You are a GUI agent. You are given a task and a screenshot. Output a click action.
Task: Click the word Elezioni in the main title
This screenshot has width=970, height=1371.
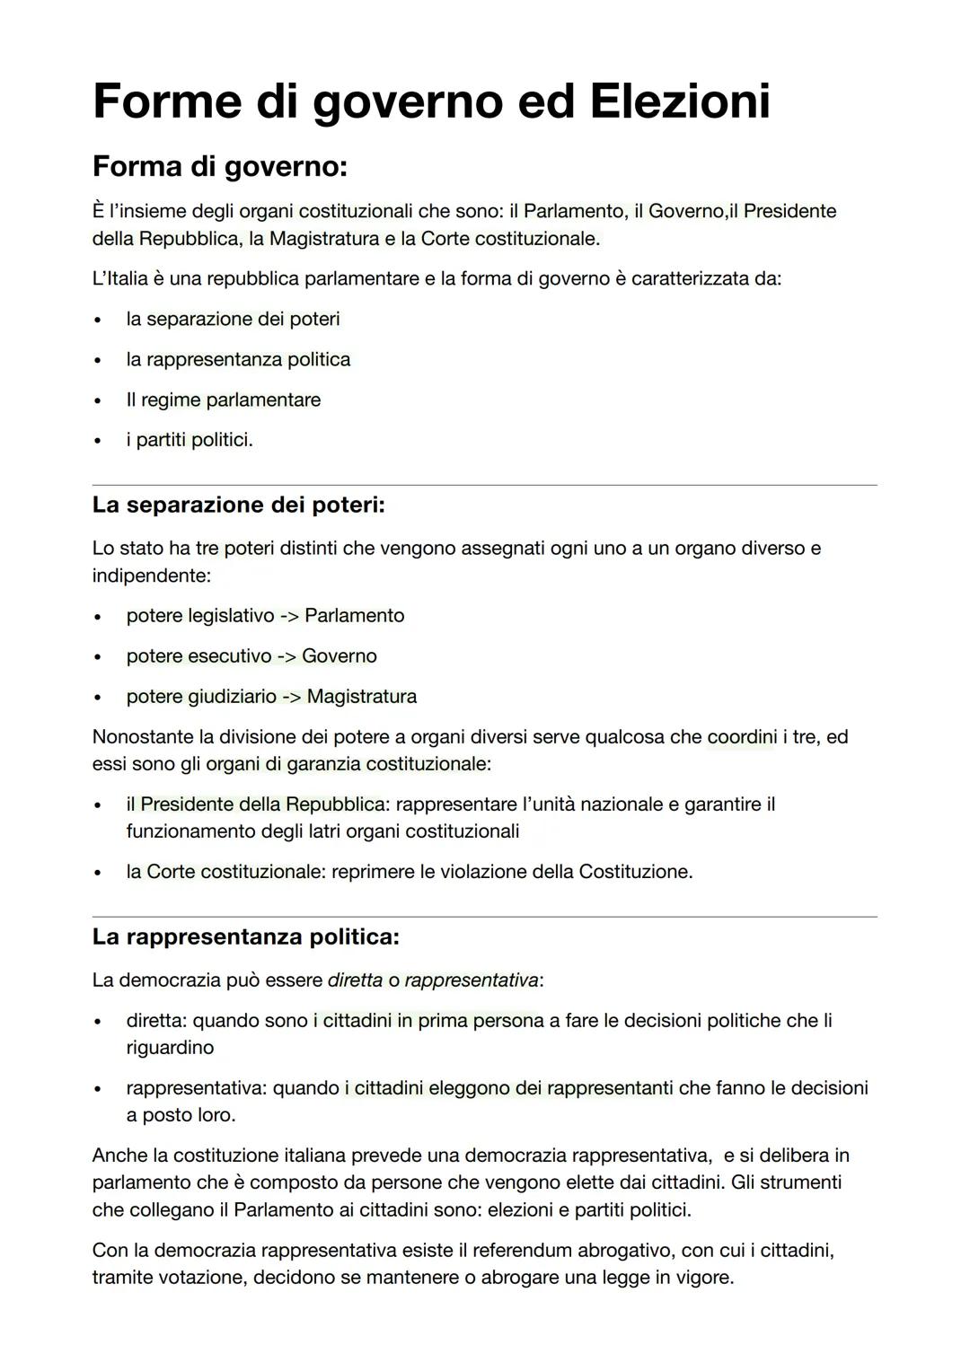click(x=680, y=101)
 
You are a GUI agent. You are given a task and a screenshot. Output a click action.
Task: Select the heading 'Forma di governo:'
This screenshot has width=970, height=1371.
click(x=219, y=167)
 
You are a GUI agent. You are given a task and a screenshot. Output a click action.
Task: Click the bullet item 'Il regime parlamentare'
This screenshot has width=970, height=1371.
click(x=223, y=400)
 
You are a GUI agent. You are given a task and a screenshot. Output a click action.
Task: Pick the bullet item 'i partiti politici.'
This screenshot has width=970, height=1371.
click(x=190, y=440)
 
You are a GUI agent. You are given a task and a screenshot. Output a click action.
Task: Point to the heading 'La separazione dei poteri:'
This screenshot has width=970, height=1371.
click(x=238, y=505)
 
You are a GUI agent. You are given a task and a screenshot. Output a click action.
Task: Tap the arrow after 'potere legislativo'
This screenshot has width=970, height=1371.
click(x=289, y=616)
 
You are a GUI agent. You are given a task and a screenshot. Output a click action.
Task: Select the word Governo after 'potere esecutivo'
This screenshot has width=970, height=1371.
click(x=339, y=656)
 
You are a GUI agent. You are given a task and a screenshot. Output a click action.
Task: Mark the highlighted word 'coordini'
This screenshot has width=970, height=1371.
click(x=742, y=737)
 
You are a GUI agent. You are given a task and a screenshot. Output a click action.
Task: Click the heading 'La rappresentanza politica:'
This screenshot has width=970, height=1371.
click(x=245, y=936)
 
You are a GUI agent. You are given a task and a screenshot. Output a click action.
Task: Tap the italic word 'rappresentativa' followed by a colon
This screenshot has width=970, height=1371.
click(x=471, y=980)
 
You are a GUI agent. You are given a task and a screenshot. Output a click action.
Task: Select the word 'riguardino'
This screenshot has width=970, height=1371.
click(x=170, y=1048)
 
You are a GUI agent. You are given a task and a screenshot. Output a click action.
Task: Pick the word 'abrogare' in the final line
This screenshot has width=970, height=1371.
click(x=521, y=1277)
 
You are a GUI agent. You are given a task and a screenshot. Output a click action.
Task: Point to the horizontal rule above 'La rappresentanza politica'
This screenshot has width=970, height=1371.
click(x=485, y=917)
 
